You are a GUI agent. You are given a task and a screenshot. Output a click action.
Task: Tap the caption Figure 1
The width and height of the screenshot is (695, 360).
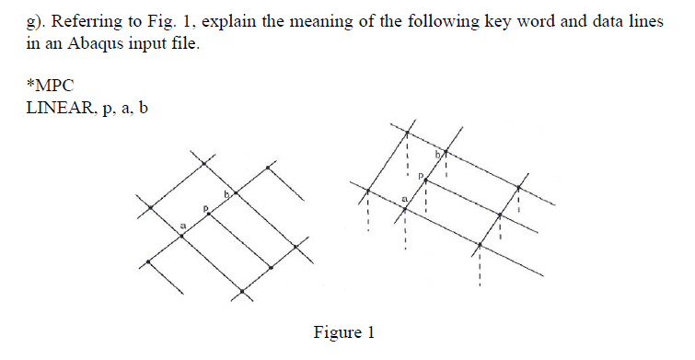coord(344,332)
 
